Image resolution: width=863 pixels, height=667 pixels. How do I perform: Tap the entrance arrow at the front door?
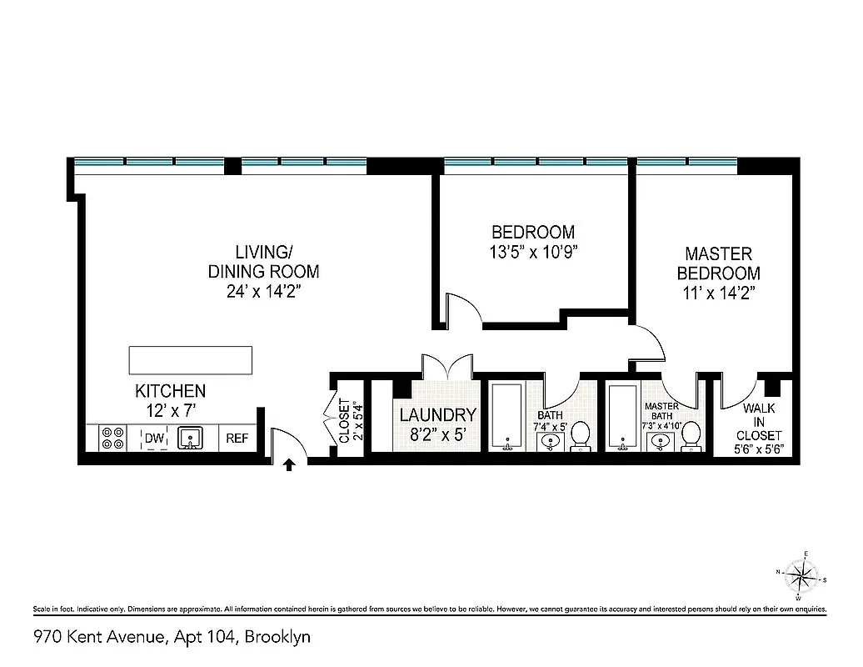point(289,464)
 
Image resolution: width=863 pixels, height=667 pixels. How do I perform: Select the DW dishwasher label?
point(155,438)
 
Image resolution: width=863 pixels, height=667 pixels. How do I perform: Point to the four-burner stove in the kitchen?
point(113,438)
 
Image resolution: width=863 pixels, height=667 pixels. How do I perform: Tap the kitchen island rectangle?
point(190,359)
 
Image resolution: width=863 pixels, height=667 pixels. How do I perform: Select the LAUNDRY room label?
point(437,414)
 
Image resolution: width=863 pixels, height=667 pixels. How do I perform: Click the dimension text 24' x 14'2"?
point(262,292)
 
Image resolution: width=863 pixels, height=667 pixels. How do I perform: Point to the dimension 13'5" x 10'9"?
point(533,253)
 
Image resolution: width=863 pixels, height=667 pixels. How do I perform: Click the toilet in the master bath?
point(691,437)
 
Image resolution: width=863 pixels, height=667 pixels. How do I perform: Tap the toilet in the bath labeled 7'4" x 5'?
point(581,435)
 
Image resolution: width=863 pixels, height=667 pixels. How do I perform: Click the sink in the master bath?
point(661,440)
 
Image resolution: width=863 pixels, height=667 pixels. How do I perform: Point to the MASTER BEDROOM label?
point(718,263)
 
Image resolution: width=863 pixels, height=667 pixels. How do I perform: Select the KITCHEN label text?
point(170,391)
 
